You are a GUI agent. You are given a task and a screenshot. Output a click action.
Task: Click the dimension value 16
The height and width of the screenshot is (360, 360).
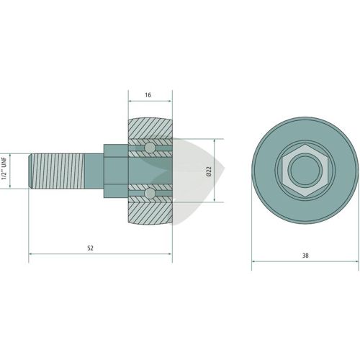pos(148,95)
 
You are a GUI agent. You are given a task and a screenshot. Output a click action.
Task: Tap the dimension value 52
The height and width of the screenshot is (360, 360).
pos(90,248)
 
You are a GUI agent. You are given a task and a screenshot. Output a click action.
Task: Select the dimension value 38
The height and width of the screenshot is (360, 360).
pos(305,256)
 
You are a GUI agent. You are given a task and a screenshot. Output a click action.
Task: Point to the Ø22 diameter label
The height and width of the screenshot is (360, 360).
pos(209,171)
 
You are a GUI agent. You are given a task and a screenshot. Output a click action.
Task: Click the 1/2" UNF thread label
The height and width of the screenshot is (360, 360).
pos(4,168)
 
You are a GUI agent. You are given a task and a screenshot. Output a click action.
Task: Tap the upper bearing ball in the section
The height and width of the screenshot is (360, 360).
pos(150,148)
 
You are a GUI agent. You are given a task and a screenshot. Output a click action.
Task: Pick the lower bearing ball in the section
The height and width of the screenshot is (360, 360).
pos(150,193)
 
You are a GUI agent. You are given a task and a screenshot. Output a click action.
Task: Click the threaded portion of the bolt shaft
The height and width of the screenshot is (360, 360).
pos(58,171)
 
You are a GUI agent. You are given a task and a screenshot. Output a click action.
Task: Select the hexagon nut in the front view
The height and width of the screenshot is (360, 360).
pos(305,170)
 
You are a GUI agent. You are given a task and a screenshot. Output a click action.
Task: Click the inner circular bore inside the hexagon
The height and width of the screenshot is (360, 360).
pos(305,170)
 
